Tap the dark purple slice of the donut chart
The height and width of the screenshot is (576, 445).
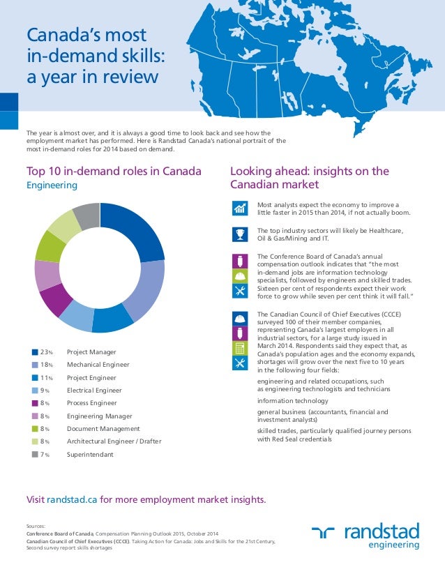pyautogui.click(x=56, y=301)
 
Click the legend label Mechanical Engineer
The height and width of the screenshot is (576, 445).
pyautogui.click(x=98, y=365)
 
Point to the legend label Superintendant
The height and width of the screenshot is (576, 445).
pyautogui.click(x=90, y=455)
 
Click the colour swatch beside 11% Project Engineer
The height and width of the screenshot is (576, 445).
pyautogui.click(x=35, y=377)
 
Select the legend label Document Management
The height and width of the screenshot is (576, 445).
pyautogui.click(x=103, y=429)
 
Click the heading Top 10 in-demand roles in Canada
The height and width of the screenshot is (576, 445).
pyautogui.click(x=114, y=172)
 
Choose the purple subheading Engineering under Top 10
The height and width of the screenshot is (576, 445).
pyautogui.click(x=52, y=186)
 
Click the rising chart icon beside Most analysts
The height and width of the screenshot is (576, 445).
pyautogui.click(x=239, y=208)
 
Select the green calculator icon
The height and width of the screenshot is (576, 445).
pyautogui.click(x=239, y=347)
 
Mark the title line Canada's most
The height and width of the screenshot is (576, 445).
pyautogui.click(x=86, y=35)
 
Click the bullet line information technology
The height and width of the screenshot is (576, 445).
pyautogui.click(x=292, y=401)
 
